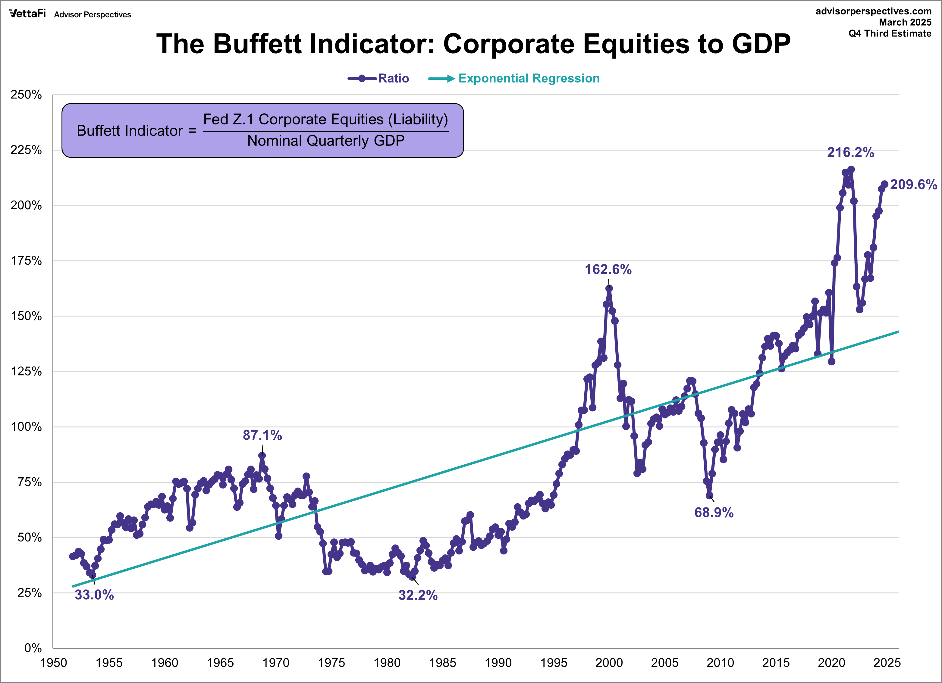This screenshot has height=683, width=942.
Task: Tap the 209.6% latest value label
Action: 913,184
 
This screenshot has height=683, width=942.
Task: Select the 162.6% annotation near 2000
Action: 608,270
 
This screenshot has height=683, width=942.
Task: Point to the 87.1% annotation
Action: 262,435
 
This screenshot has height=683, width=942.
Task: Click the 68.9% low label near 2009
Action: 714,512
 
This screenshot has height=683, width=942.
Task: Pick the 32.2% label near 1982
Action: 418,595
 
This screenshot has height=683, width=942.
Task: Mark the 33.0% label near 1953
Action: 94,594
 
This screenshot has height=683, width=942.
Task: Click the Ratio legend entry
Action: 393,79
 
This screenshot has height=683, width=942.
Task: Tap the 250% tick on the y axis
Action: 26,95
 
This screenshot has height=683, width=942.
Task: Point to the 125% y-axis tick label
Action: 26,371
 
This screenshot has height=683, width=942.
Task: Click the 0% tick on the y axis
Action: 33,648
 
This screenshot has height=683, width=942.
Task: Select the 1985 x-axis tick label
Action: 442,663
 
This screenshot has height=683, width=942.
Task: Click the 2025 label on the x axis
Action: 887,663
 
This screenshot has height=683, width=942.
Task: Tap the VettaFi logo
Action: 27,14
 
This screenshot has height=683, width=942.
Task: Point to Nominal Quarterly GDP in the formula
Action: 326,141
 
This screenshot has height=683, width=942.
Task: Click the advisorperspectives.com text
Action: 874,11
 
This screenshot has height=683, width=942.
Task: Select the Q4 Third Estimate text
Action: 890,34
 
